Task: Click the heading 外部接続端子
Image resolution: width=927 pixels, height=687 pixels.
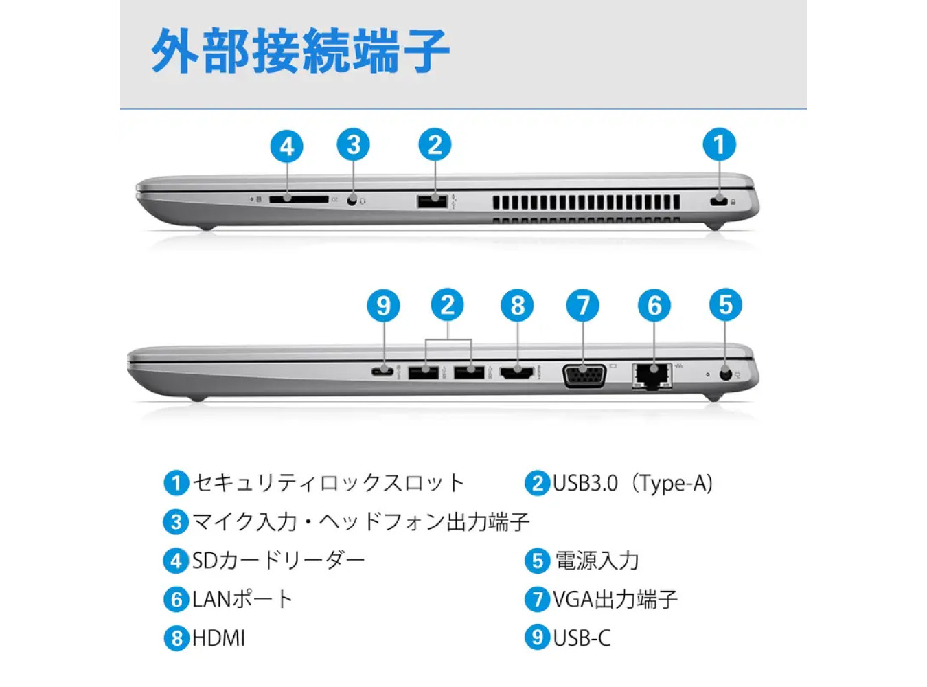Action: pyautogui.click(x=300, y=51)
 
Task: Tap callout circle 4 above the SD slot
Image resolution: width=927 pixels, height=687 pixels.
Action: pyautogui.click(x=287, y=146)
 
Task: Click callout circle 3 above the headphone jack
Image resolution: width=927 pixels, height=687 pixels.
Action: pyautogui.click(x=354, y=145)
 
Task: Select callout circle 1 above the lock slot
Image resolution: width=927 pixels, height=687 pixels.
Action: pyautogui.click(x=719, y=144)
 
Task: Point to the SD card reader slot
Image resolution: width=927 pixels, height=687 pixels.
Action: pyautogui.click(x=299, y=199)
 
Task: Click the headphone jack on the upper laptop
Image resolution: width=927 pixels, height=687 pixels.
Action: pyautogui.click(x=353, y=201)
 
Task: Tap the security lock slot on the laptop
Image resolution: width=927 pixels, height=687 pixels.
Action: pyautogui.click(x=719, y=201)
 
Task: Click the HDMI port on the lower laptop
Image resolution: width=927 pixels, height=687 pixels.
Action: pyautogui.click(x=518, y=372)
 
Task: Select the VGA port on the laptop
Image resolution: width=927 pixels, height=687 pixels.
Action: pyautogui.click(x=584, y=376)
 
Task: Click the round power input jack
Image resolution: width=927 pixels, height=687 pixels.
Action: pyautogui.click(x=726, y=374)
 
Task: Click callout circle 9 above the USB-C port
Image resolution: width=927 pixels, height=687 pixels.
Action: pyautogui.click(x=383, y=305)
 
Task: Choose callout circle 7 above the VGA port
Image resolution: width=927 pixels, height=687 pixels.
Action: pyautogui.click(x=582, y=305)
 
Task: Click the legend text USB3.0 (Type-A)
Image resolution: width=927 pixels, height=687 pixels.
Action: pyautogui.click(x=633, y=484)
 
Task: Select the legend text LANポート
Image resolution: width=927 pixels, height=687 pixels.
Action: pyautogui.click(x=242, y=599)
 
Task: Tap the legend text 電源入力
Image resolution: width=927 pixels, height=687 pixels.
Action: pyautogui.click(x=597, y=561)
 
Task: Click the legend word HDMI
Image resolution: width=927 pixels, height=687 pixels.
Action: pyautogui.click(x=218, y=638)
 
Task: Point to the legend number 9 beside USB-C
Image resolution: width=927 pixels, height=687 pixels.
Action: pyautogui.click(x=537, y=638)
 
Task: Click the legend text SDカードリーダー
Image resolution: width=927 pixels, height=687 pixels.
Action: pyautogui.click(x=278, y=561)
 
